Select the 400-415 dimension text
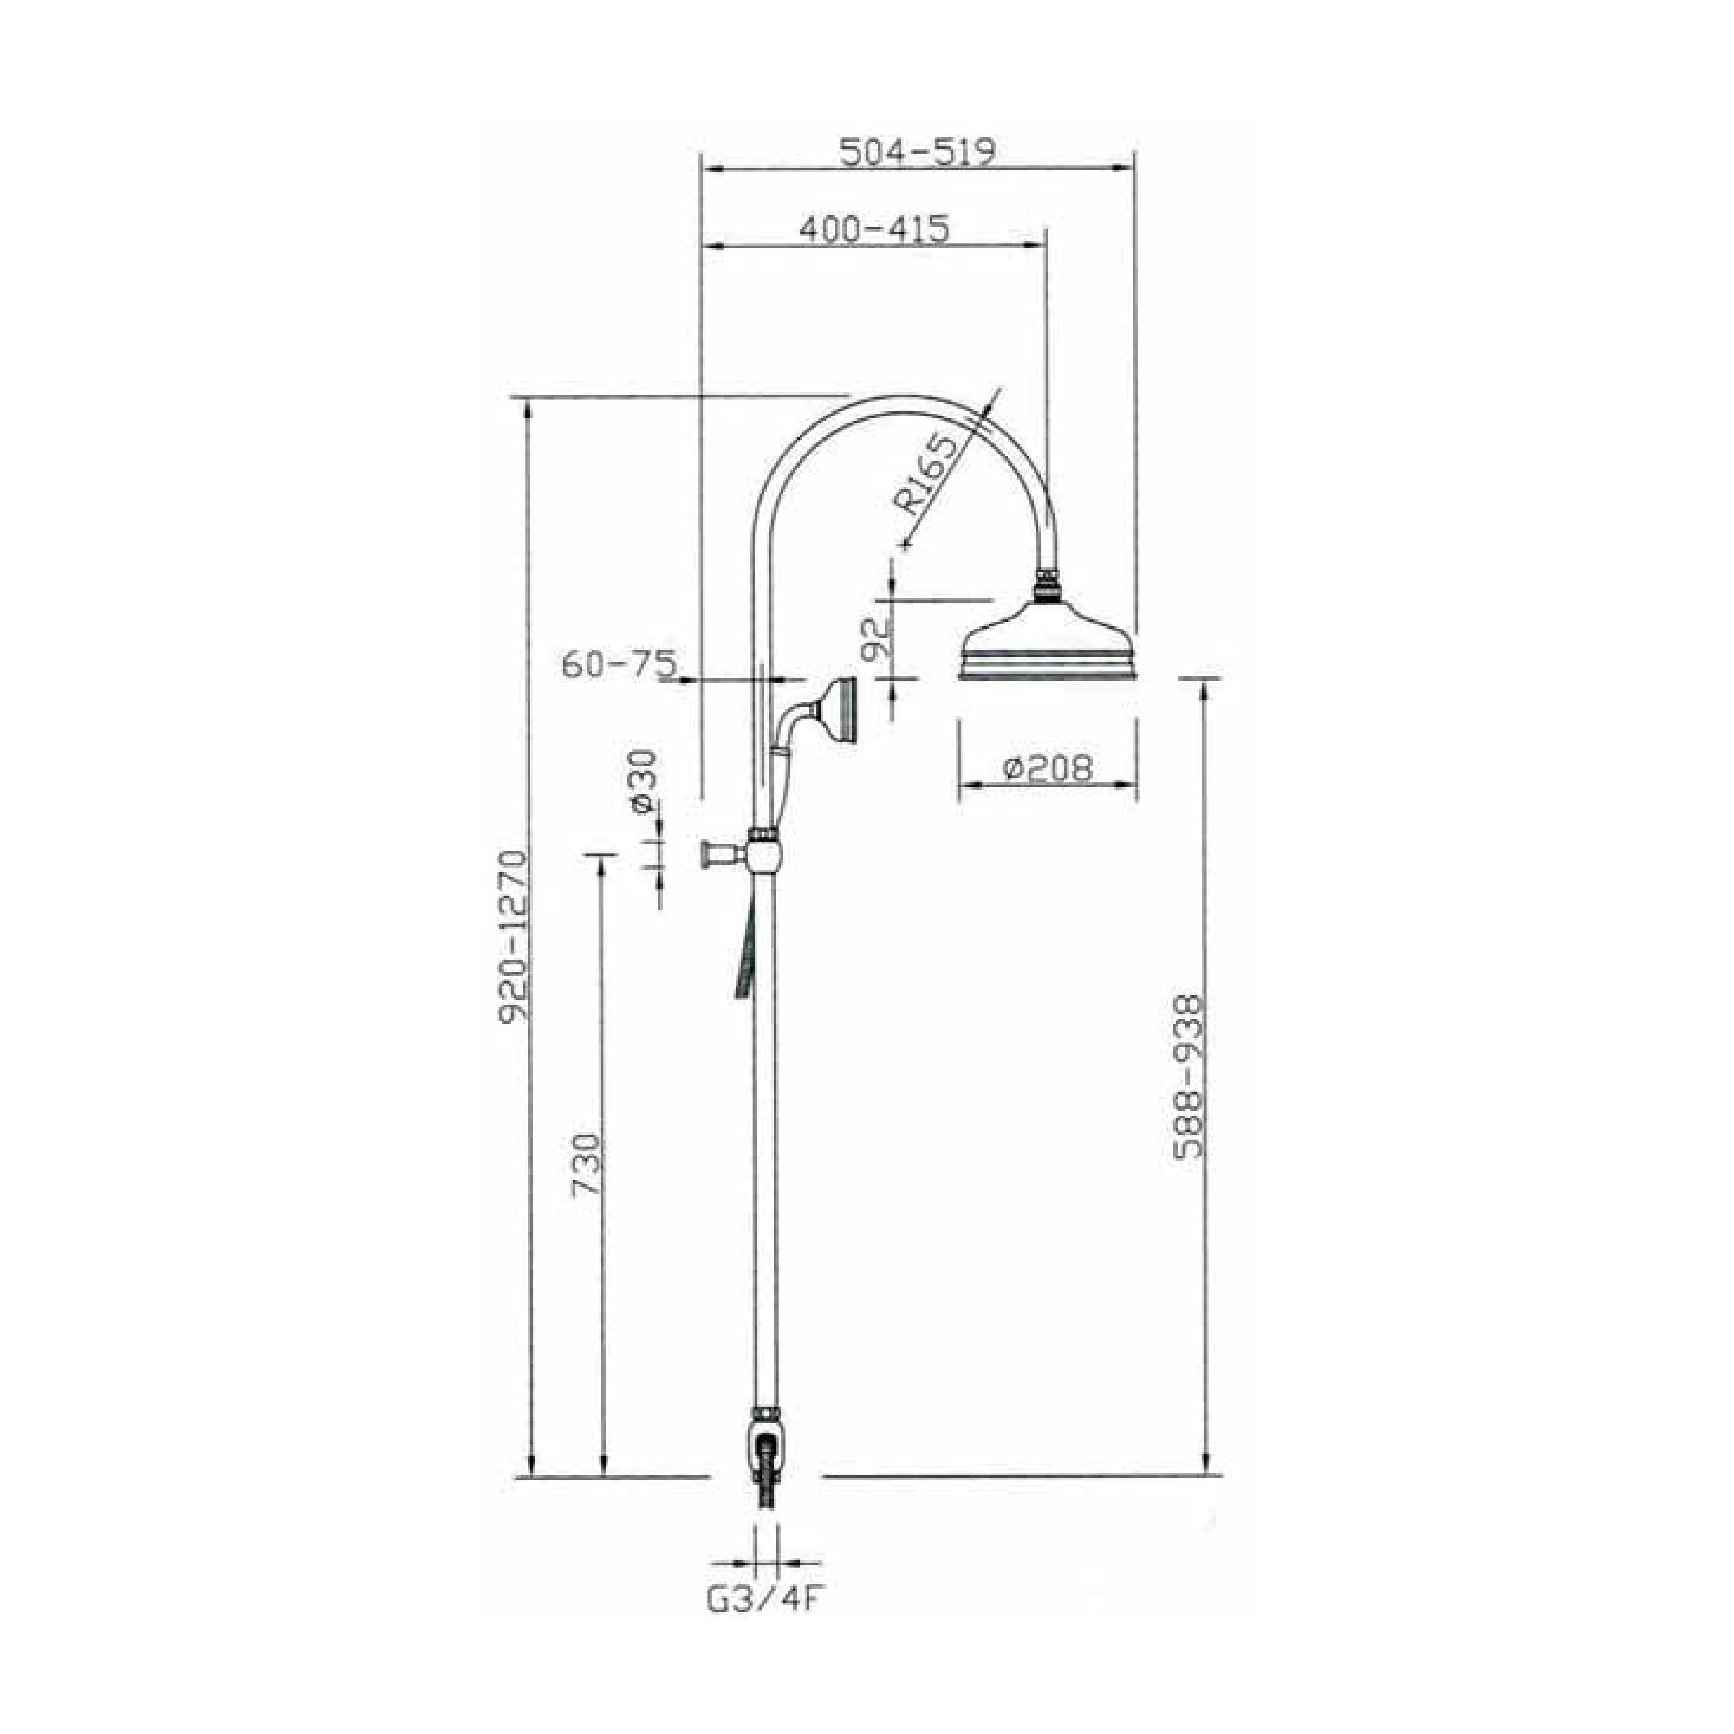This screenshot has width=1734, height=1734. (873, 230)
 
